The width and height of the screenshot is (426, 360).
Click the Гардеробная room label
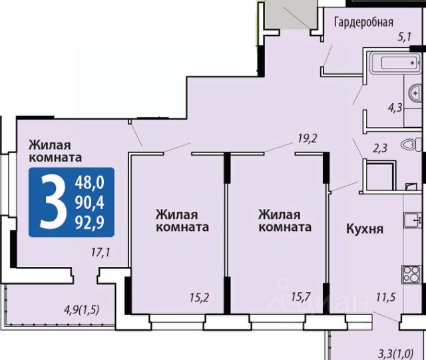(x=363, y=22)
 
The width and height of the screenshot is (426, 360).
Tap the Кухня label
(x=365, y=230)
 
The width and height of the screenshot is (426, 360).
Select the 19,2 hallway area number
(x=308, y=139)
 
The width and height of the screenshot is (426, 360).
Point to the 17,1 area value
(x=101, y=253)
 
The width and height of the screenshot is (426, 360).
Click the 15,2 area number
(x=199, y=297)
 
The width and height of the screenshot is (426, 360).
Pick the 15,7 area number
(x=301, y=296)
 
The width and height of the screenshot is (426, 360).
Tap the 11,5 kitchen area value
(x=386, y=297)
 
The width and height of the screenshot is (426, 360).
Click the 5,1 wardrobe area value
(x=405, y=37)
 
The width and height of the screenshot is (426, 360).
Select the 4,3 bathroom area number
(x=395, y=108)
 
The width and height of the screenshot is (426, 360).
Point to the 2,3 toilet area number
(x=379, y=148)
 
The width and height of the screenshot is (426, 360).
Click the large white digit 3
(x=53, y=202)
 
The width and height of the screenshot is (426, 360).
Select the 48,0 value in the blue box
(x=90, y=182)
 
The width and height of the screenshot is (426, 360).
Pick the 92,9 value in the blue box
(x=90, y=223)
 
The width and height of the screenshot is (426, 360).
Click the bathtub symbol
(x=395, y=63)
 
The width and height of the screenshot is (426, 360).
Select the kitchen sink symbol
(x=412, y=220)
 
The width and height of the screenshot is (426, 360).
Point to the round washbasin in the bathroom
(x=415, y=93)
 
